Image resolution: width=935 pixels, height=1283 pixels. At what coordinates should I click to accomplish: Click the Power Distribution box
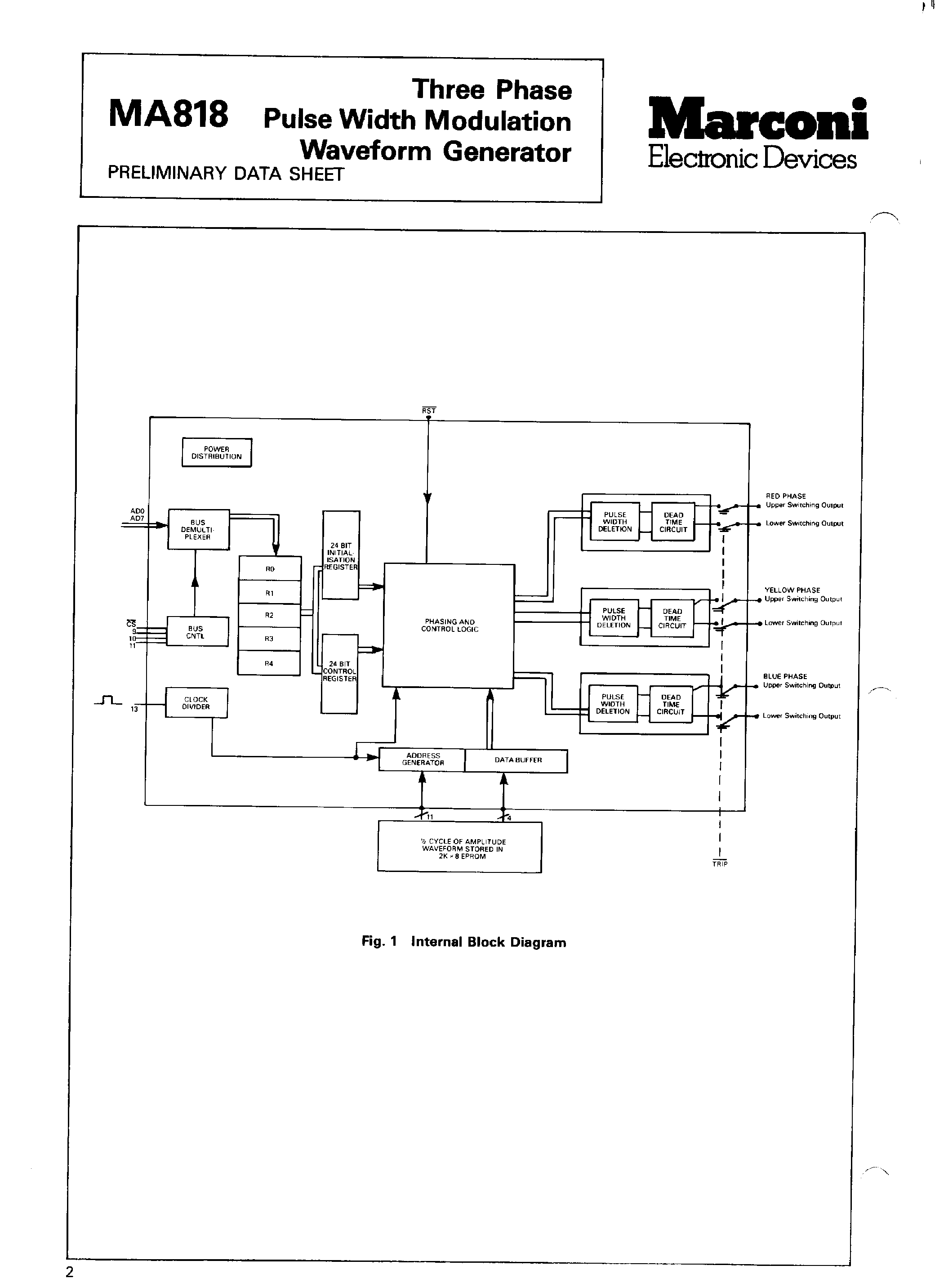(x=216, y=452)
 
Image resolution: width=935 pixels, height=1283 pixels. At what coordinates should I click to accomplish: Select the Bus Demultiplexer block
(x=198, y=529)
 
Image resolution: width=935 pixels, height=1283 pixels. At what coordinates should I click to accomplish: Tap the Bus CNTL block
(x=196, y=632)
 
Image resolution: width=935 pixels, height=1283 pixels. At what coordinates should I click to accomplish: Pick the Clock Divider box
(x=196, y=702)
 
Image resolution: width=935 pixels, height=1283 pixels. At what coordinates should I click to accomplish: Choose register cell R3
(x=269, y=639)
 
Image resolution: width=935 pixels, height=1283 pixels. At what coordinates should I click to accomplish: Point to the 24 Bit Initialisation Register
(x=341, y=555)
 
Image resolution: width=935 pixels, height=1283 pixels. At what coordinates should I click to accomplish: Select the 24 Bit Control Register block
(x=339, y=673)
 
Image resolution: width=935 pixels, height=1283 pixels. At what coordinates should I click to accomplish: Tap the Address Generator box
(x=422, y=759)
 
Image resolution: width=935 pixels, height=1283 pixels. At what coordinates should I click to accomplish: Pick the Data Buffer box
(x=517, y=760)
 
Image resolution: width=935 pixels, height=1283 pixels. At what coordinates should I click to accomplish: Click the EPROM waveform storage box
(x=459, y=848)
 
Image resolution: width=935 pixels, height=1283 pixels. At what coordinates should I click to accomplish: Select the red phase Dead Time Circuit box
(x=673, y=522)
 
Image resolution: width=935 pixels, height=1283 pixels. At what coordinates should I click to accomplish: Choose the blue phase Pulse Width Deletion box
(x=612, y=704)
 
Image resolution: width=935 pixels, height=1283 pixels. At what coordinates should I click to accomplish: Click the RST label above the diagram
(x=428, y=411)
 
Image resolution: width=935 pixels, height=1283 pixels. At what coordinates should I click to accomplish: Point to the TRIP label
(x=720, y=864)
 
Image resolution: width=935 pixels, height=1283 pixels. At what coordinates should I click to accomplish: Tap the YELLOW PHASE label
(x=792, y=590)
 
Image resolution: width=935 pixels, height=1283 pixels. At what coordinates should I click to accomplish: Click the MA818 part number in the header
(x=168, y=113)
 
